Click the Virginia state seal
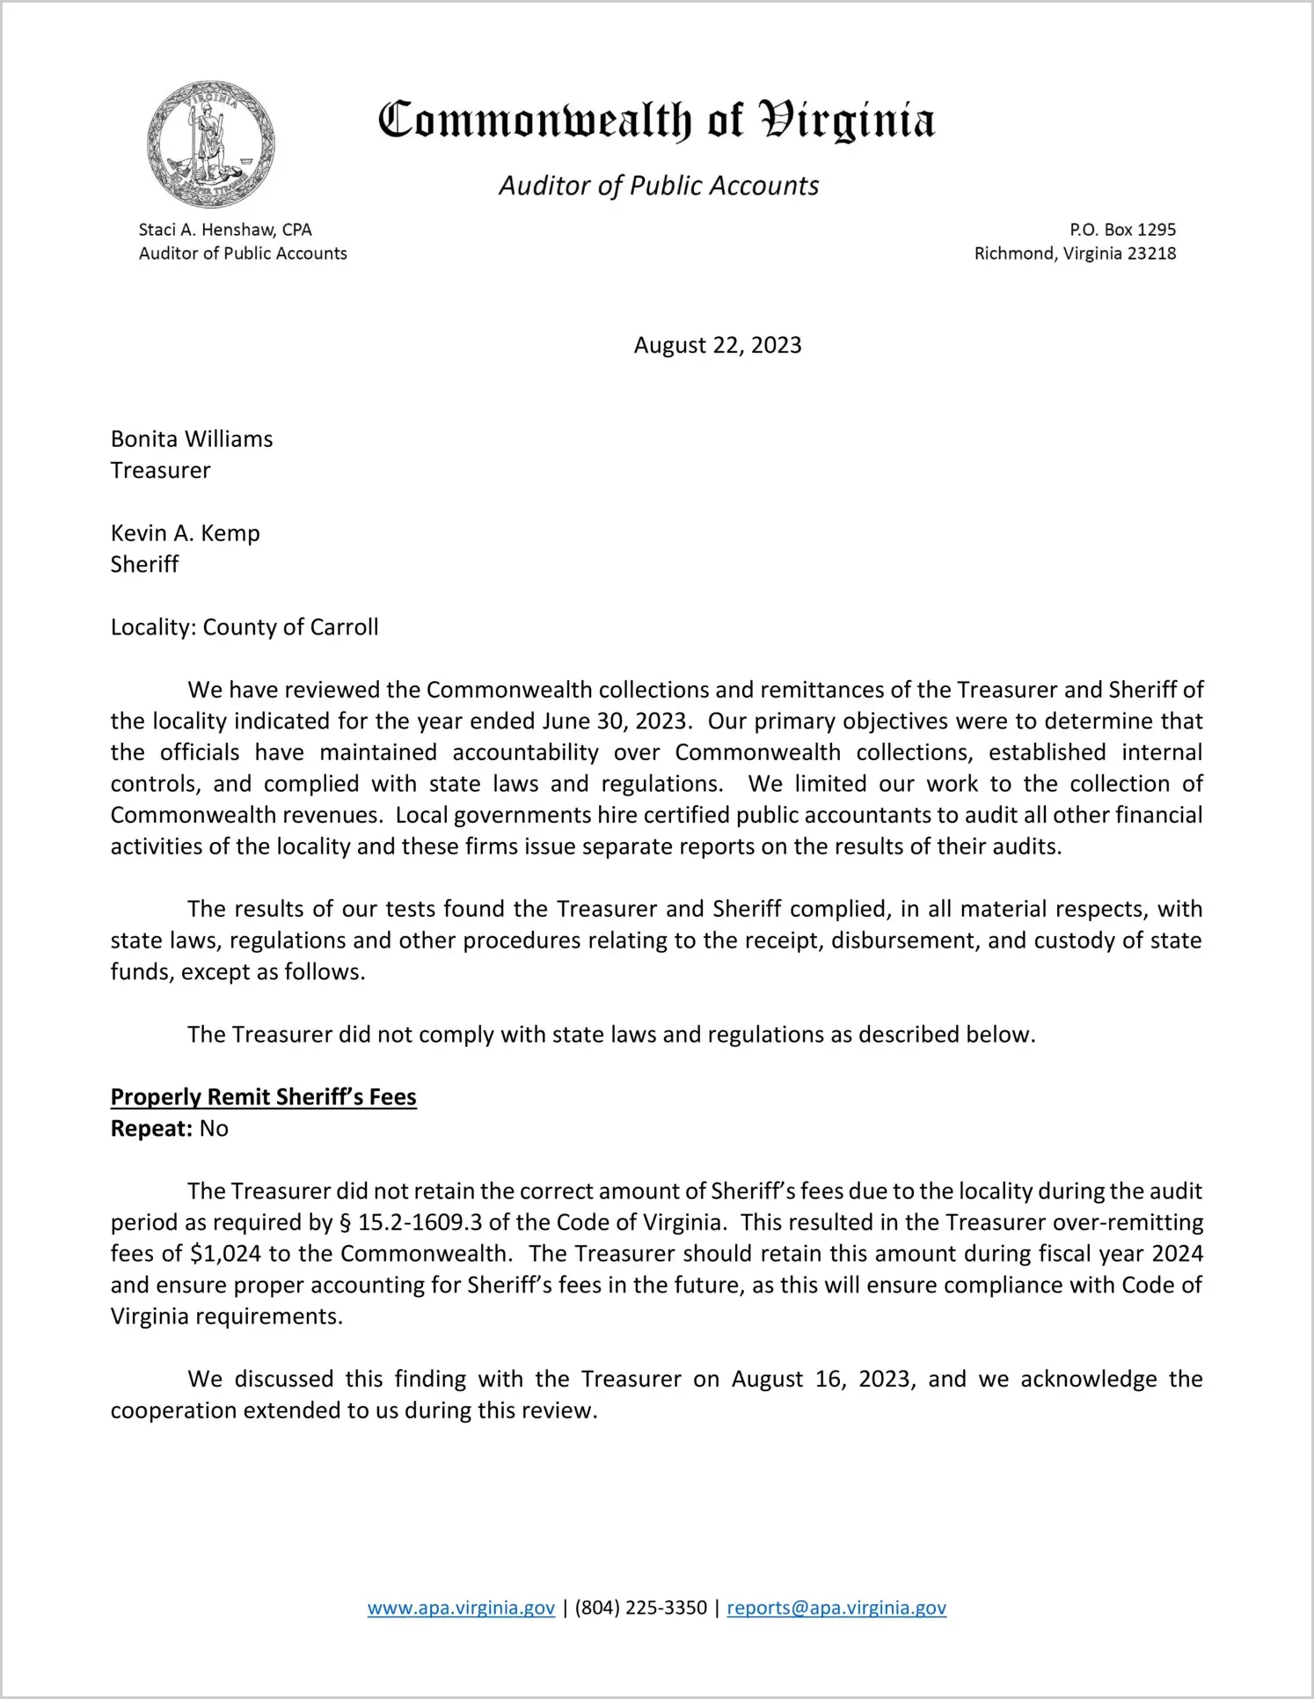click(x=210, y=144)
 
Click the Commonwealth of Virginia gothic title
click(x=656, y=121)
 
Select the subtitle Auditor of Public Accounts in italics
click(x=659, y=186)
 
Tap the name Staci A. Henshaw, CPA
click(x=225, y=230)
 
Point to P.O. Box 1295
click(x=1122, y=230)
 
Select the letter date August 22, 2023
click(x=718, y=345)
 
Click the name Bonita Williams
click(x=192, y=439)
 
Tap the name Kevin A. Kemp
click(x=185, y=533)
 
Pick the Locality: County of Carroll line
click(x=245, y=627)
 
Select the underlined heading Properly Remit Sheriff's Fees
click(x=263, y=1097)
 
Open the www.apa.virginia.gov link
click(x=461, y=1607)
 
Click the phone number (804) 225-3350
click(x=640, y=1607)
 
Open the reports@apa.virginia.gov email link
click(x=836, y=1607)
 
